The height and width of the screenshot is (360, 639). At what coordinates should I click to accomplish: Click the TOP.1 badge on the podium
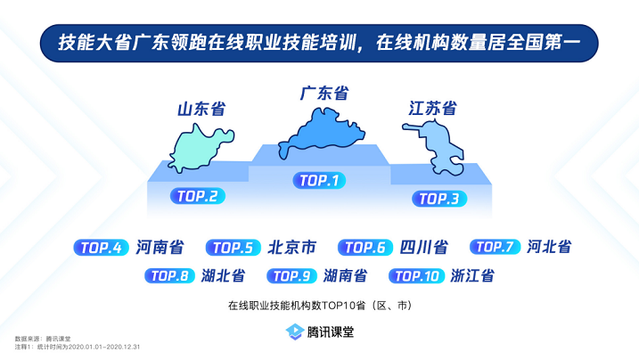click(x=319, y=180)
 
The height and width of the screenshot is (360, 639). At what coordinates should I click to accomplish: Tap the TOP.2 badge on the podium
click(x=198, y=196)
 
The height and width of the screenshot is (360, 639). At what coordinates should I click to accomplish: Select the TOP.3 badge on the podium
click(x=439, y=199)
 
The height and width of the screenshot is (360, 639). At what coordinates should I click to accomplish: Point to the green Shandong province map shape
click(x=200, y=150)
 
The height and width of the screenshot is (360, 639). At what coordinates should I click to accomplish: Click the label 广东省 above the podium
click(x=324, y=94)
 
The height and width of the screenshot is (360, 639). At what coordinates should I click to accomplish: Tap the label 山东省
click(x=201, y=109)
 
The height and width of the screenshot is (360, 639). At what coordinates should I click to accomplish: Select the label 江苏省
click(x=432, y=109)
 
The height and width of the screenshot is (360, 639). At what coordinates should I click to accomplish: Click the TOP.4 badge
click(x=101, y=248)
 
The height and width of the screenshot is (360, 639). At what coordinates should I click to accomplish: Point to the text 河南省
click(x=160, y=247)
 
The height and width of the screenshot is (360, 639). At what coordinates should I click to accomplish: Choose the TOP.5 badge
click(x=233, y=248)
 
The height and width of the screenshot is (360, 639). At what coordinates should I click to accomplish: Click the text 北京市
click(x=291, y=247)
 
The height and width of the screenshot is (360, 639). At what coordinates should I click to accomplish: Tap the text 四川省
click(x=424, y=247)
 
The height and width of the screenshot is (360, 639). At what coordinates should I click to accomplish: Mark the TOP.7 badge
click(x=496, y=247)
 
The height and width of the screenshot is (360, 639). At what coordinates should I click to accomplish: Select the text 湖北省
click(x=224, y=275)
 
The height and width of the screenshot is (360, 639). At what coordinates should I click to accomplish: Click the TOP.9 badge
click(x=291, y=276)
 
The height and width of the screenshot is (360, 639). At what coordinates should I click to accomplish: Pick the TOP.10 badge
click(x=416, y=276)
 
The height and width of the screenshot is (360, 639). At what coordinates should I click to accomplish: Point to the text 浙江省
click(x=472, y=275)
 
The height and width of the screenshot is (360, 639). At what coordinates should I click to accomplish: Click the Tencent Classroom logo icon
click(x=295, y=331)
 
